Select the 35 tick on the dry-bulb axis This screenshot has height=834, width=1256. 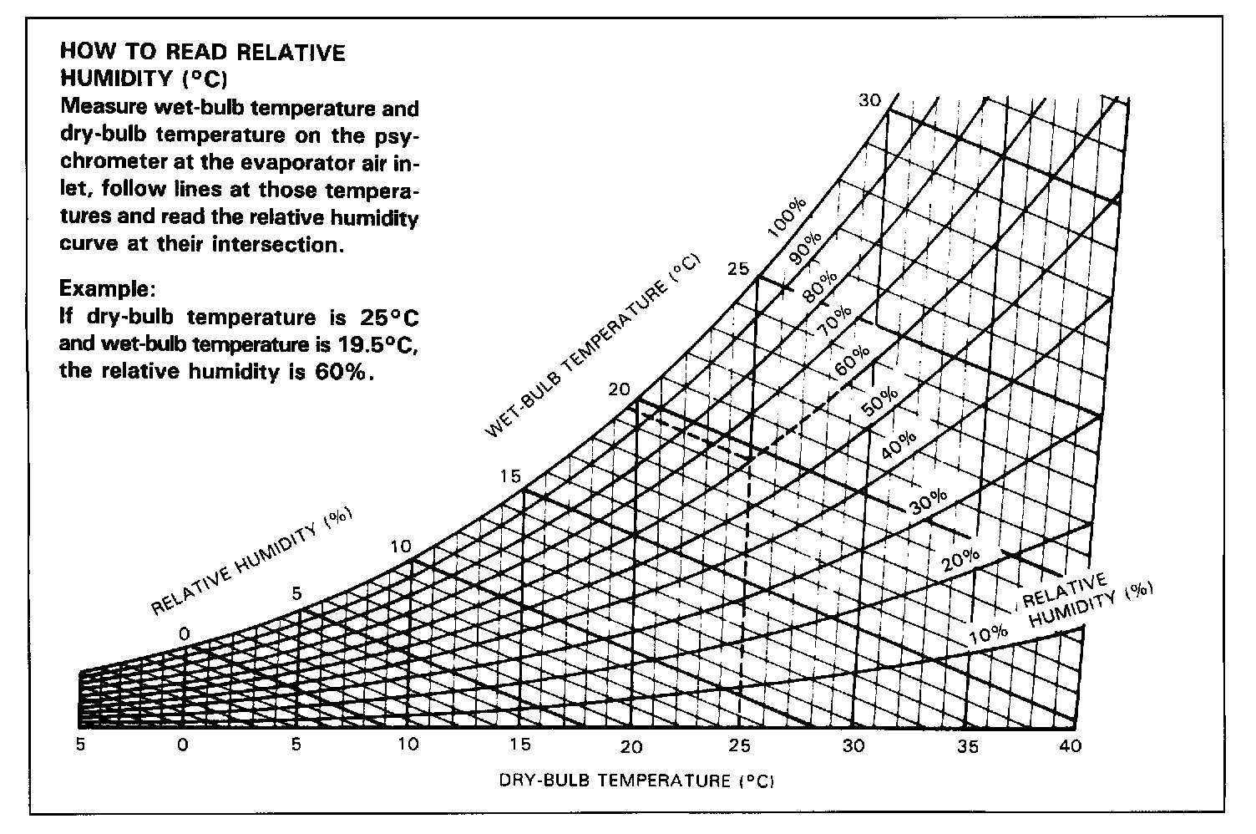(x=968, y=746)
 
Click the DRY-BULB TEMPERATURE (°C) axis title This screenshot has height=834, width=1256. (x=637, y=781)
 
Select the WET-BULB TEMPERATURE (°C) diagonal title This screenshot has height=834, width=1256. (x=595, y=347)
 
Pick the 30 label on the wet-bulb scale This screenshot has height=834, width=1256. (x=869, y=100)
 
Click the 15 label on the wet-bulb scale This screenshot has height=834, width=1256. (x=510, y=476)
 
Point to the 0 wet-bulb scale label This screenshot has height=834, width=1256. (x=185, y=635)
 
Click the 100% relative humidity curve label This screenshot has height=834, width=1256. (x=788, y=219)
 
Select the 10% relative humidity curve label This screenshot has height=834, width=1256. (x=989, y=634)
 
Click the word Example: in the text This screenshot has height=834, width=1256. (x=107, y=289)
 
